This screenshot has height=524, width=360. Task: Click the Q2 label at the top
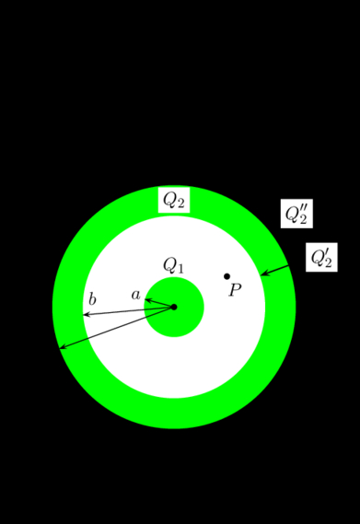coord(174,200)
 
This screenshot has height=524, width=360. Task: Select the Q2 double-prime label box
coord(296,214)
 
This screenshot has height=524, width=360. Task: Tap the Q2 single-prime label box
coord(321,258)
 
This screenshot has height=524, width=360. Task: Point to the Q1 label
coord(174,265)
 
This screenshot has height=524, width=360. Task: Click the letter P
coord(235,290)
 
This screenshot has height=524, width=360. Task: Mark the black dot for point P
coord(226,276)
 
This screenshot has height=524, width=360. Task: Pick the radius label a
coord(136,295)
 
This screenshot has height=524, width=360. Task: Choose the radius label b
coord(92,299)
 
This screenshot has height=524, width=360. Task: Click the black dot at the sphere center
coord(174,307)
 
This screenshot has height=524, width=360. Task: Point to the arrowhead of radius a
coord(147,299)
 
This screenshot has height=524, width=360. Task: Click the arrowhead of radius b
coord(87,315)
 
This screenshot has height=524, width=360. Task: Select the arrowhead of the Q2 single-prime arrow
coord(263,274)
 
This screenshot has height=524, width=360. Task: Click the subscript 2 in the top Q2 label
coord(181,204)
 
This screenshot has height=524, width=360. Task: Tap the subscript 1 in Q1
coord(180,269)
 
